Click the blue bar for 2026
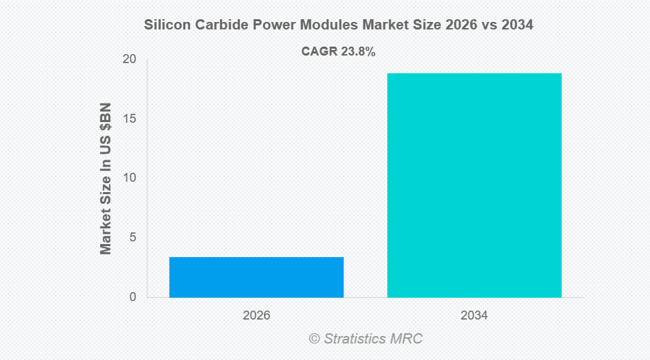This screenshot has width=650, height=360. pos(256,277)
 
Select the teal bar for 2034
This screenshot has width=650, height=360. pos(474,185)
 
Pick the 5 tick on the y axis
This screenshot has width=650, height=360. pos(132,238)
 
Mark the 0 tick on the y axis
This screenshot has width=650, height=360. pos(132,297)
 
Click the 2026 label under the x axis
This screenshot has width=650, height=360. pos(256,316)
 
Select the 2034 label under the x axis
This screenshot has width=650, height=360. pos(474,316)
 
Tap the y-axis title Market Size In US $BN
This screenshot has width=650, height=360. pos(106,179)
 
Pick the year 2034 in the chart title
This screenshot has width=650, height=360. pos(516,25)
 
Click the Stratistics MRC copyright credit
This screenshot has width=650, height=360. pos(365,339)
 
